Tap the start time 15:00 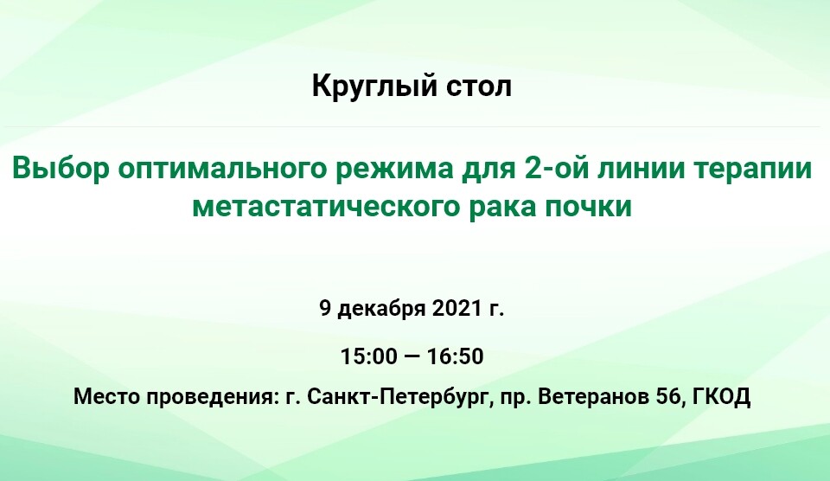click(368, 356)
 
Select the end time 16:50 click(456, 356)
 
